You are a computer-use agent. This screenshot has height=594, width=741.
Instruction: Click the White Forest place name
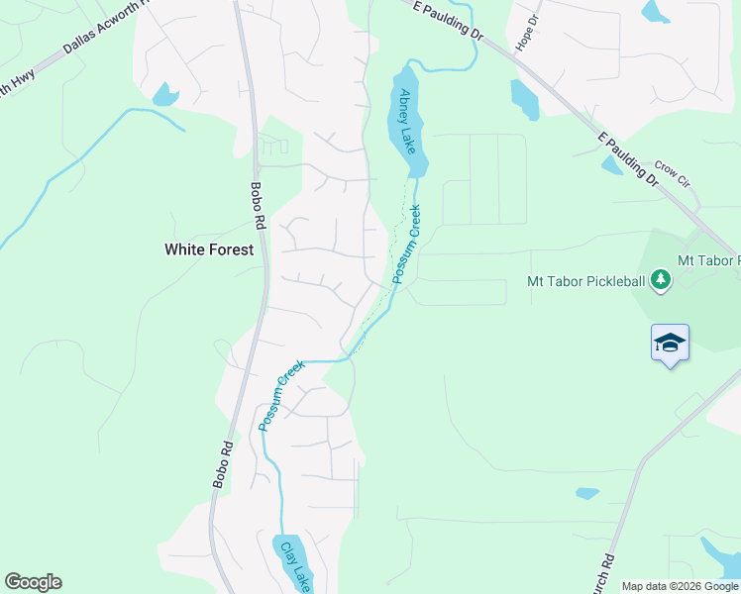209,250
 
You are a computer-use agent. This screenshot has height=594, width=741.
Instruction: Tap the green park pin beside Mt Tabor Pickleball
660,281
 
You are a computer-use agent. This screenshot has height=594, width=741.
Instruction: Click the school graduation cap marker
670,344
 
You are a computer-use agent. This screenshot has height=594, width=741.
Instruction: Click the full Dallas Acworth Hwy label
106,26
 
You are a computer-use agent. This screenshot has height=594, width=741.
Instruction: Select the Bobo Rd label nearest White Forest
257,202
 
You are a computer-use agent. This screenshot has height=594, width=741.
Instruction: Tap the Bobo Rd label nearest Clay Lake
222,464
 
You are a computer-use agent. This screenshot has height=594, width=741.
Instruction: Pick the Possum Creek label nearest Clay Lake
280,396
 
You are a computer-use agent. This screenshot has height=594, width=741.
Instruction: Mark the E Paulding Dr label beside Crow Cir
627,158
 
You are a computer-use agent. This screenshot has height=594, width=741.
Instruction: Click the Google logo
33,582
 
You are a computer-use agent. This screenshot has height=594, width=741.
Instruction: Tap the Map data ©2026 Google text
680,586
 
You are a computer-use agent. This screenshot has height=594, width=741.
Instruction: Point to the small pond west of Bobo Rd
164,95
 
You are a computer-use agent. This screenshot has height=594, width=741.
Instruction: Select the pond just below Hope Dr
523,99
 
